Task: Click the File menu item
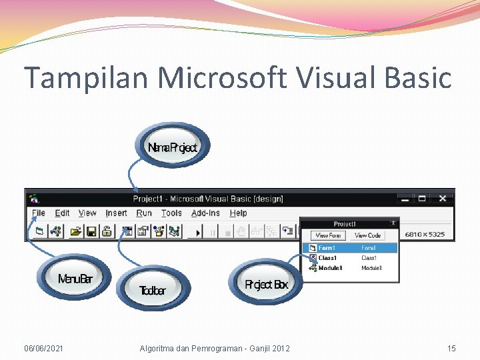pyautogui.click(x=39, y=213)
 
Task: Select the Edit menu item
pyautogui.click(x=62, y=213)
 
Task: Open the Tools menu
pyautogui.click(x=171, y=213)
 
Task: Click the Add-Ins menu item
pyautogui.click(x=205, y=213)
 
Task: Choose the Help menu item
pyautogui.click(x=238, y=213)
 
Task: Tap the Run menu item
pyautogui.click(x=144, y=213)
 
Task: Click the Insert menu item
pyautogui.click(x=116, y=213)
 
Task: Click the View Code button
pyautogui.click(x=367, y=235)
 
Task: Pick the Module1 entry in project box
pyautogui.click(x=330, y=268)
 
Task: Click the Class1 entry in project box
pyautogui.click(x=327, y=258)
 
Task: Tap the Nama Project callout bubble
pyautogui.click(x=173, y=147)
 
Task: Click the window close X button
pyautogui.click(x=442, y=198)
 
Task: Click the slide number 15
pyautogui.click(x=451, y=348)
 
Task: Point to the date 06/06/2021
pyautogui.click(x=44, y=348)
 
